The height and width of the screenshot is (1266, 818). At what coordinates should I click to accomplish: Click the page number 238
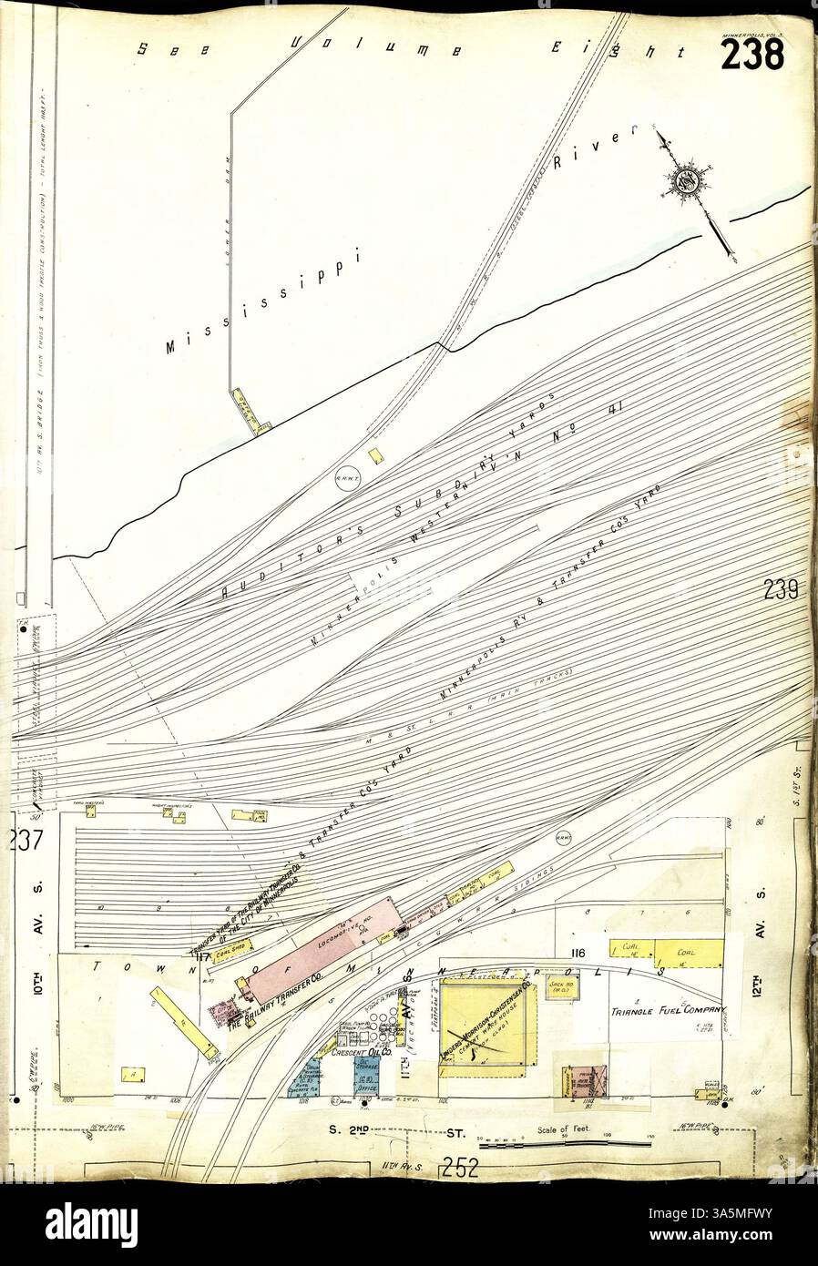coord(752,55)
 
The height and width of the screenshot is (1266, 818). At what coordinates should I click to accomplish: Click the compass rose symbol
coord(685,179)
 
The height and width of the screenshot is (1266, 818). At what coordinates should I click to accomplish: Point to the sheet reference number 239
coord(782,592)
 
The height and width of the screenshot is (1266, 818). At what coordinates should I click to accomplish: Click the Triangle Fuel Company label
coord(667,1010)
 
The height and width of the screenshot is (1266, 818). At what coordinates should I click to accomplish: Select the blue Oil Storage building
coord(367,1075)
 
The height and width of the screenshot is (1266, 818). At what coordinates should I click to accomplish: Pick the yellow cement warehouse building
coord(487,1034)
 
